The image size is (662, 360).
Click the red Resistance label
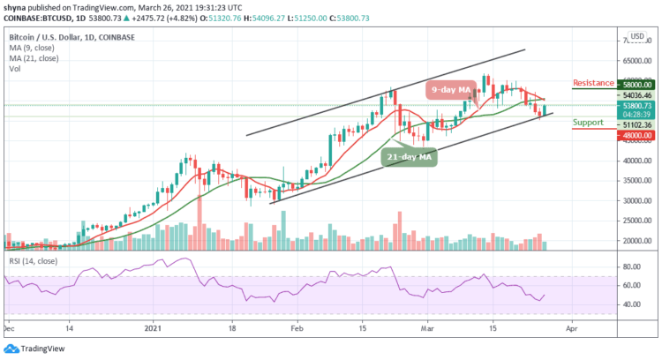click(x=593, y=83)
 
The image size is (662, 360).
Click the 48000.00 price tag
click(x=635, y=136)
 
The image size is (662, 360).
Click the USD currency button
click(x=636, y=36)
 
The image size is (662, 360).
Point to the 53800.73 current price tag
click(x=635, y=105)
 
